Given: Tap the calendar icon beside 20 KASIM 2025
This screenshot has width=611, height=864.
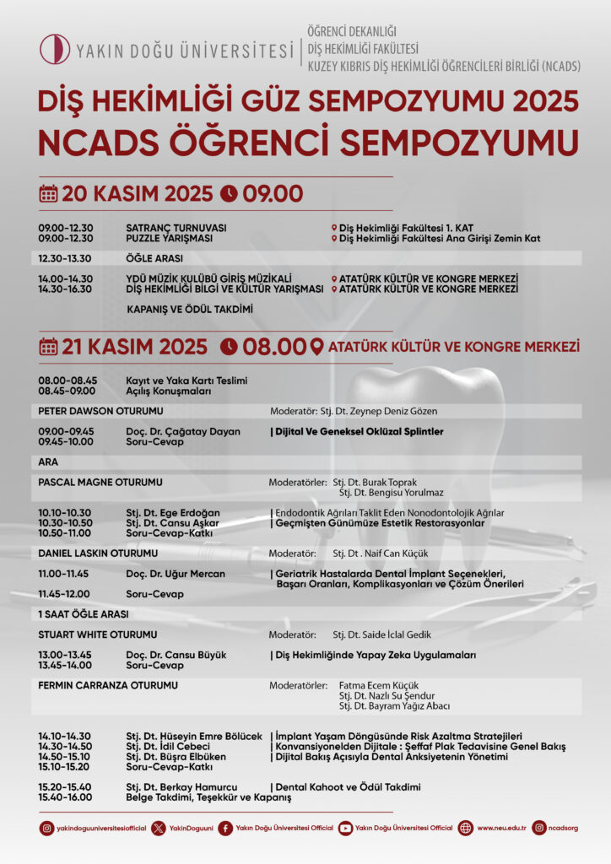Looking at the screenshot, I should tap(48, 194).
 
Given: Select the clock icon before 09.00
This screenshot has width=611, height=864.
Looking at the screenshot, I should tap(229, 194).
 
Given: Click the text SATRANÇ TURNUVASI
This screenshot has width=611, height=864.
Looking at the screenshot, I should tap(176, 228).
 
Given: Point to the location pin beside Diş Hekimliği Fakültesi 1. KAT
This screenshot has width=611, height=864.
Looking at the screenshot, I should tap(334, 229).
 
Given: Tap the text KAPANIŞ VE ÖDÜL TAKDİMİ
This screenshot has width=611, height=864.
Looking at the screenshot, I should tap(189, 310).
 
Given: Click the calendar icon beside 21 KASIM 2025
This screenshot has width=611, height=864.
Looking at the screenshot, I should tap(48, 347).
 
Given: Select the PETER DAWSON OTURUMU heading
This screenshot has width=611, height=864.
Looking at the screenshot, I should tap(100, 411).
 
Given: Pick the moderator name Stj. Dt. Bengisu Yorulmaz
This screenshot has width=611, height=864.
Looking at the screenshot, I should tap(391, 493).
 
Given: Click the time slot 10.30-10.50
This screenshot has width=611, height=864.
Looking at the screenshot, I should tap(65, 523).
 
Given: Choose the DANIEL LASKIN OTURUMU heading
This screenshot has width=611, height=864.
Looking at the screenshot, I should tap(98, 553).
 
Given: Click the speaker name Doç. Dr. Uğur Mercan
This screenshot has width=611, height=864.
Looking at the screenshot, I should tap(175, 574).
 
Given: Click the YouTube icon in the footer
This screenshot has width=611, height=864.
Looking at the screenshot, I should tap(345, 829).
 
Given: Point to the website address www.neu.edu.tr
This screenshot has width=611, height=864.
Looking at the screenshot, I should tap(501, 829).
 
